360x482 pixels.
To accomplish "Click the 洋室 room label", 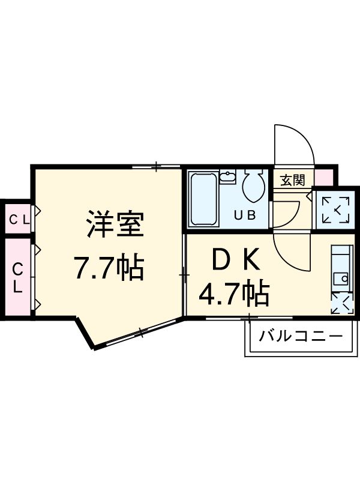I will coord(113,226).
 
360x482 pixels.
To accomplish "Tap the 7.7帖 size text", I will coord(109,268).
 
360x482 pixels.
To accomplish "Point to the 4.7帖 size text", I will coord(234,294).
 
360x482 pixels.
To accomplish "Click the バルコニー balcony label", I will coord(301,336).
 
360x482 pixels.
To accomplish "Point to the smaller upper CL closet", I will coord(18,219).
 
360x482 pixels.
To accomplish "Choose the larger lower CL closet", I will coord(18,277).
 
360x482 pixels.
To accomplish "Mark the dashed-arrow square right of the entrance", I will coord(335,209).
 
